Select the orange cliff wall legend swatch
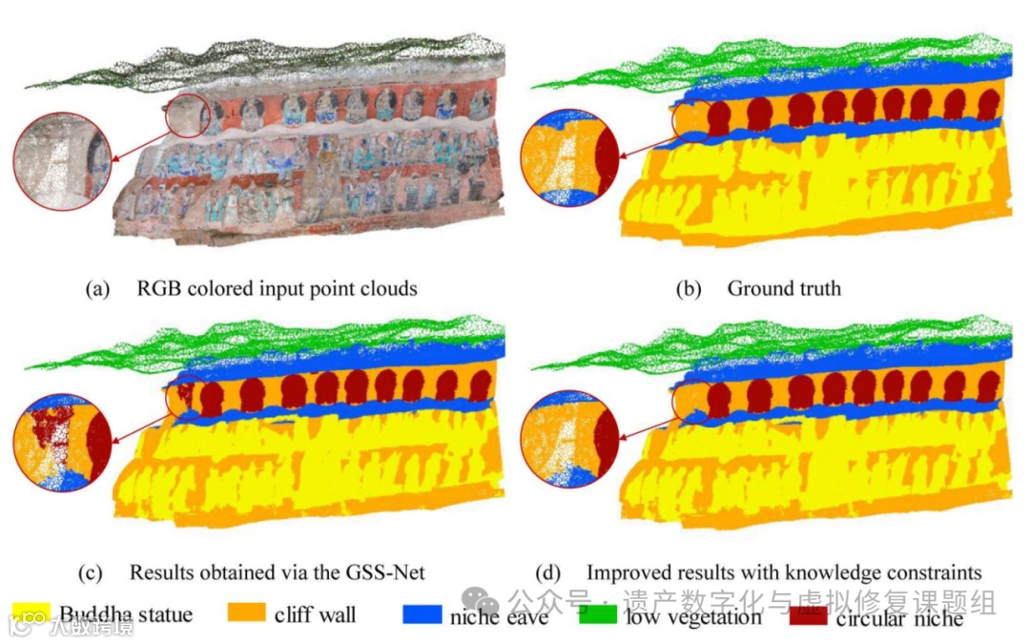tap(246, 613)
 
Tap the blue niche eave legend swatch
tap(422, 614)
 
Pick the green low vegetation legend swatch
tap(599, 614)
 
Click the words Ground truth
tap(784, 287)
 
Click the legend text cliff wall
tap(315, 614)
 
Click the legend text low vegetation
tap(693, 616)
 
